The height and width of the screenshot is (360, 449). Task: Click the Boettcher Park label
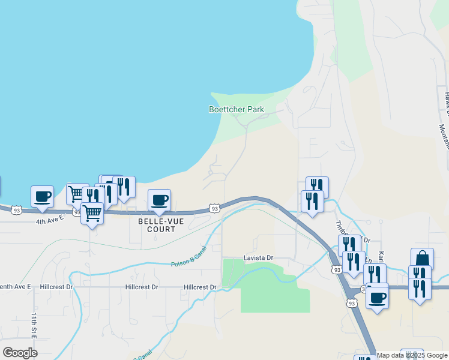(236, 110)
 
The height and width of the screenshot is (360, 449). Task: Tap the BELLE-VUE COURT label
(157, 225)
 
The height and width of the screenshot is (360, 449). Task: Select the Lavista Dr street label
(258, 257)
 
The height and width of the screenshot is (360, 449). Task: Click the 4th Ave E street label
(49, 221)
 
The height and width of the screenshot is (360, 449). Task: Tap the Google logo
(20, 353)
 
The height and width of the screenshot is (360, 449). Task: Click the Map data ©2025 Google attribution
(412, 355)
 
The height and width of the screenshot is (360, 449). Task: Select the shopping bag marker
(422, 259)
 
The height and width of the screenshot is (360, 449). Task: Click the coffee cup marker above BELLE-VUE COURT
(159, 200)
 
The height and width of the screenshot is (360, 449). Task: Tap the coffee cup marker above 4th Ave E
(42, 196)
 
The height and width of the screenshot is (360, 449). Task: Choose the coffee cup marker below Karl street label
(377, 297)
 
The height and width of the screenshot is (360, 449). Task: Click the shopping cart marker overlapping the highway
(92, 213)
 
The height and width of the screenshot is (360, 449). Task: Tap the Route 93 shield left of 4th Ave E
(16, 210)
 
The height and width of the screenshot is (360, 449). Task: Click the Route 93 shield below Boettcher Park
(214, 208)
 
